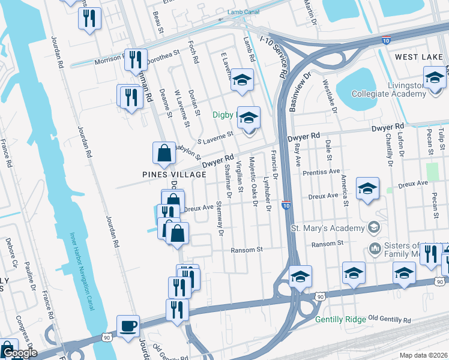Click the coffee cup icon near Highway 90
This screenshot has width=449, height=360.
coord(128,327)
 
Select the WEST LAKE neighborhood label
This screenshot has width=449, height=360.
coord(418,56)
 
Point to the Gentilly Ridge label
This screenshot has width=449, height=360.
coord(340,320)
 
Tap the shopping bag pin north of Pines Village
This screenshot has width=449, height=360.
coord(164,154)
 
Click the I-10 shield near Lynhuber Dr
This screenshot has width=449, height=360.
coord(286,205)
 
